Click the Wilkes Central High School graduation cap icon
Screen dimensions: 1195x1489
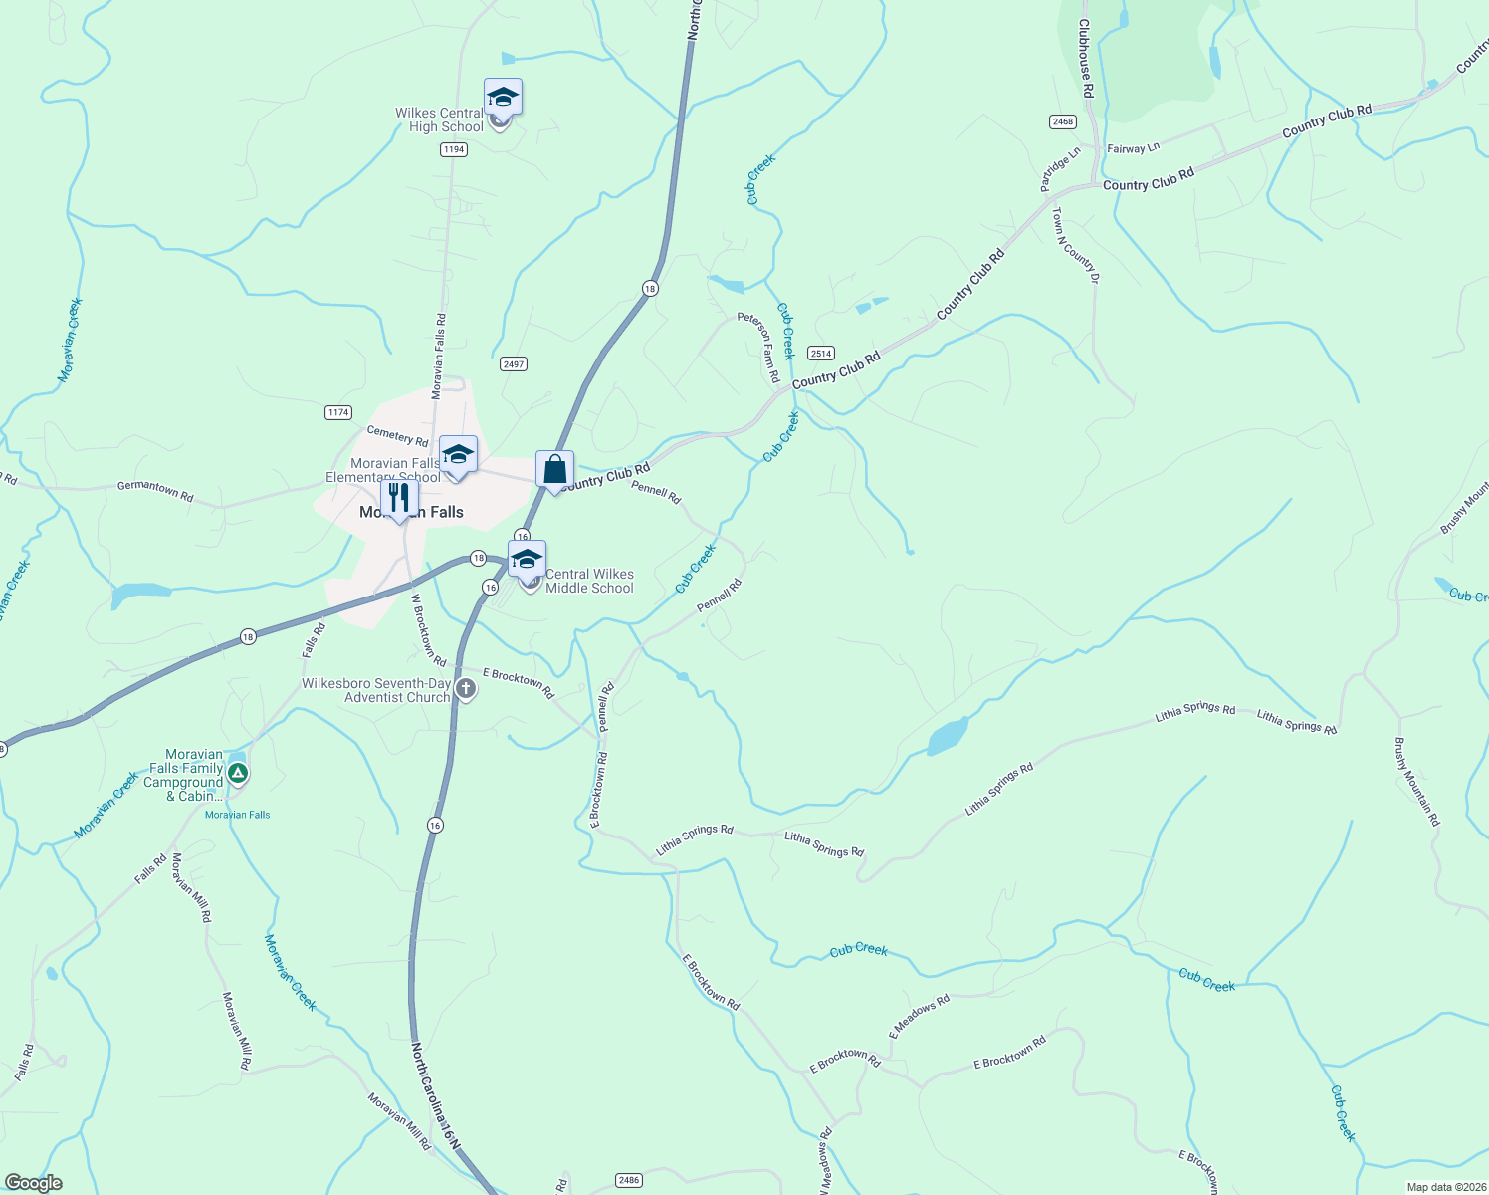(x=503, y=98)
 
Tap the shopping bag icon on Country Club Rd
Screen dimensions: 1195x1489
(x=554, y=469)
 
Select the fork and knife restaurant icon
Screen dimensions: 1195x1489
(x=399, y=497)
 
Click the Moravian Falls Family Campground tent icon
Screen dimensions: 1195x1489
(x=237, y=773)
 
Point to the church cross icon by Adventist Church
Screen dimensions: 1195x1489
(x=465, y=689)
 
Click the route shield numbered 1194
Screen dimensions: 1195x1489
(x=453, y=149)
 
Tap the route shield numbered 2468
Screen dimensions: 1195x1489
(x=1063, y=121)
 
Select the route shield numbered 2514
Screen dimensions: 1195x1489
(x=821, y=353)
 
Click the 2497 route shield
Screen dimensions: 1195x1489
(x=514, y=364)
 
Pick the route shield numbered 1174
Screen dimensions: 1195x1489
(x=338, y=412)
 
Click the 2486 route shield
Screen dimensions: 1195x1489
(x=628, y=1180)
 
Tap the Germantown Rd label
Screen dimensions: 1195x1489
(x=155, y=490)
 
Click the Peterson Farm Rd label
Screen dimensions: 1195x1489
(x=758, y=347)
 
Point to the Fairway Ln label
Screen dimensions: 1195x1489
(x=1134, y=148)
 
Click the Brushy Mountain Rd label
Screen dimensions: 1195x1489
(x=1416, y=782)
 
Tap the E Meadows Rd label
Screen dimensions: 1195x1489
(x=920, y=1016)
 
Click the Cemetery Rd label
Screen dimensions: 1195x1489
(x=397, y=436)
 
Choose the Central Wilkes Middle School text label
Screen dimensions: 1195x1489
(x=589, y=581)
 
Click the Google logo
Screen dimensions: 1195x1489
(x=33, y=1183)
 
